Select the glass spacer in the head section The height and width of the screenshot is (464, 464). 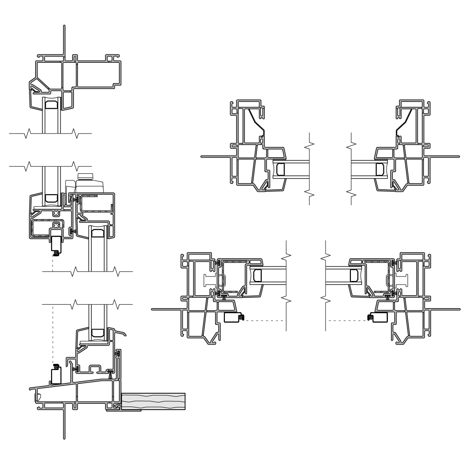(x=52, y=105)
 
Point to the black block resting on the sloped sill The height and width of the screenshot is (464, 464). (x=56, y=375)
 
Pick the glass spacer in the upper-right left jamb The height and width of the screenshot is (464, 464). (x=281, y=169)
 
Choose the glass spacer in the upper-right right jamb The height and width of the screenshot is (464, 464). (x=379, y=169)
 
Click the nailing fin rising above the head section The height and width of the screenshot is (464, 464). (x=65, y=40)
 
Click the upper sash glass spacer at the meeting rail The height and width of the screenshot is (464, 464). (x=52, y=196)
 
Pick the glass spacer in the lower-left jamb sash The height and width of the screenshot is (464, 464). (x=257, y=276)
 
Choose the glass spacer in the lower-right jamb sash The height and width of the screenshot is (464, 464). (x=354, y=276)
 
